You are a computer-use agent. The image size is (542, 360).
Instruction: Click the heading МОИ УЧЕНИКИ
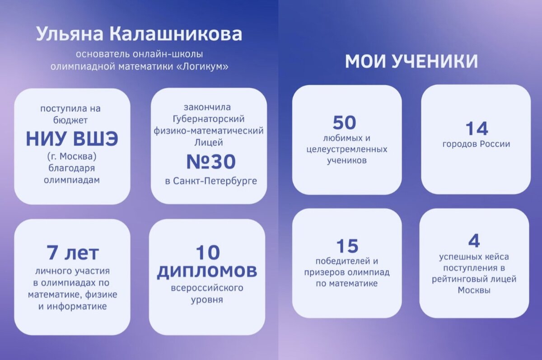[x=411, y=62]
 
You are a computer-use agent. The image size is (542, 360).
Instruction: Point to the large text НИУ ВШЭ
[x=72, y=139]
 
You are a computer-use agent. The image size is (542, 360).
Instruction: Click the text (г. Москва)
[x=72, y=157]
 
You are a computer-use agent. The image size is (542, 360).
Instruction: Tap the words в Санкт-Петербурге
[x=208, y=181]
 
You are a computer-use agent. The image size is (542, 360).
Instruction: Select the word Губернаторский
[x=208, y=119]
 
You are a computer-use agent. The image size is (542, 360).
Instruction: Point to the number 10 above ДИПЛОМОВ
[x=207, y=251]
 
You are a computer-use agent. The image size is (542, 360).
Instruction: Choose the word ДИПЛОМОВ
[x=207, y=271]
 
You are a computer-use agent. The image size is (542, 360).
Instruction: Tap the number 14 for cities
[x=476, y=128]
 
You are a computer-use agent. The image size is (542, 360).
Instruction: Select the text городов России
[x=476, y=145]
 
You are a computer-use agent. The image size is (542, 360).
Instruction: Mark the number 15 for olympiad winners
[x=347, y=246]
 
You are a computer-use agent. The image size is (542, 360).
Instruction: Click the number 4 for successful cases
[x=474, y=241]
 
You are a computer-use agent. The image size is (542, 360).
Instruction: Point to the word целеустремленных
[x=347, y=149]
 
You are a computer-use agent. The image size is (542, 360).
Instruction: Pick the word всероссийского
[x=207, y=288]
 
